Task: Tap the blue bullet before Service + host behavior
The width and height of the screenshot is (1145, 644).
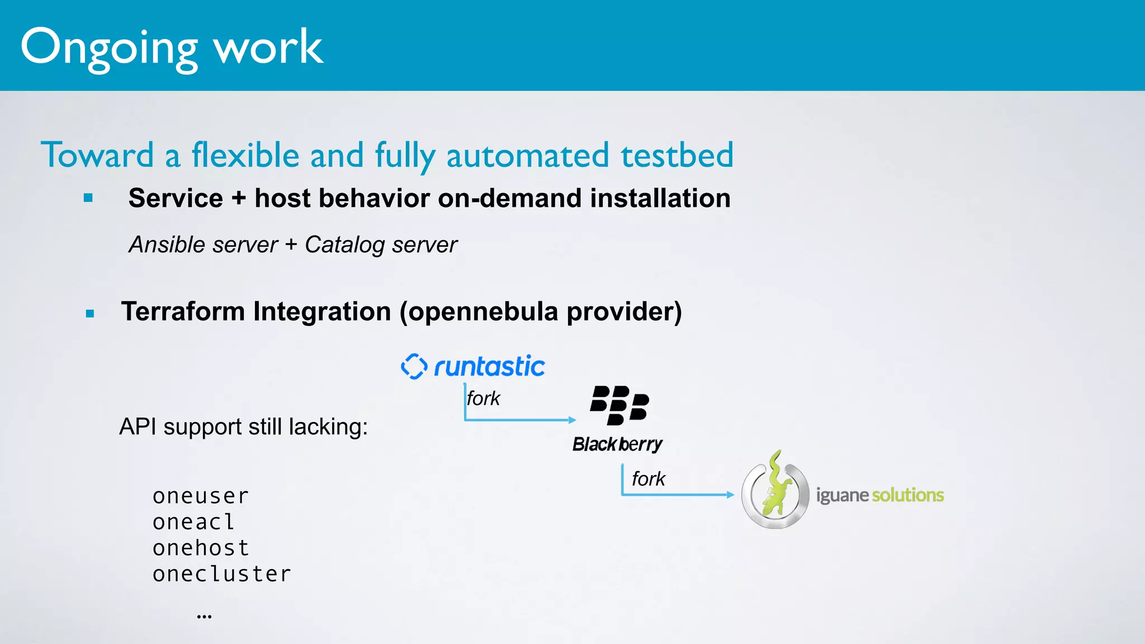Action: click(x=88, y=198)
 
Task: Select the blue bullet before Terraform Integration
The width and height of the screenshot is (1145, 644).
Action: click(x=90, y=314)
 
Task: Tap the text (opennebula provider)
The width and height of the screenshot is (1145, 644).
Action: click(x=540, y=312)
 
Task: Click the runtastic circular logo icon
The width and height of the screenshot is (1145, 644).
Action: click(x=414, y=366)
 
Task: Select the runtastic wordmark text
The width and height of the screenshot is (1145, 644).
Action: click(x=489, y=367)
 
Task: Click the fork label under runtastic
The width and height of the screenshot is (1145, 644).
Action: click(x=483, y=399)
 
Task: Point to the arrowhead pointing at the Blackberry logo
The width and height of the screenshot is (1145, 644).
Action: click(x=572, y=420)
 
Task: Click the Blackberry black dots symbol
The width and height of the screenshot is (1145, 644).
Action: click(x=619, y=405)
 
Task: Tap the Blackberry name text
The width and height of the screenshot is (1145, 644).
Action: click(x=617, y=444)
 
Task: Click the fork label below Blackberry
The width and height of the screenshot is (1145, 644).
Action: click(x=648, y=479)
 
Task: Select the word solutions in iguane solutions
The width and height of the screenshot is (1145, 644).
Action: click(x=907, y=495)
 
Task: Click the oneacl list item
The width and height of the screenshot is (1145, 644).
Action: click(x=193, y=522)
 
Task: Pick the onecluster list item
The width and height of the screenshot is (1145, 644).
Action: click(x=222, y=574)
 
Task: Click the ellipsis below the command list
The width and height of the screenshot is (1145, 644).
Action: click(x=204, y=617)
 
